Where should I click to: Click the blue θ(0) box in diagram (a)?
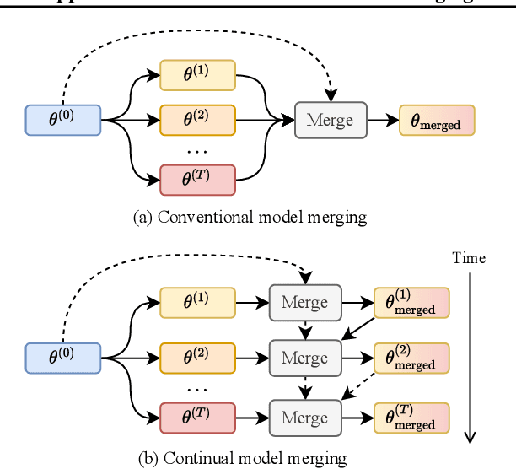click(x=63, y=120)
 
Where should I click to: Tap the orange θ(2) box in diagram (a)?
click(x=197, y=120)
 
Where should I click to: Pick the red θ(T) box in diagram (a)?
click(x=197, y=178)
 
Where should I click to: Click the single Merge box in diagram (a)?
click(x=330, y=120)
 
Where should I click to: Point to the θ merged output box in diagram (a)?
click(x=436, y=120)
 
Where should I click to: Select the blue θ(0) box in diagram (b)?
click(x=63, y=358)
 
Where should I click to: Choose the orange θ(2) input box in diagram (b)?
click(x=197, y=358)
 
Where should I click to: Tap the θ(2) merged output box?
click(x=411, y=358)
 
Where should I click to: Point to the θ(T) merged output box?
click(x=411, y=417)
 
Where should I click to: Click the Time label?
click(x=469, y=257)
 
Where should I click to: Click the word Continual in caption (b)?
click(x=194, y=458)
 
